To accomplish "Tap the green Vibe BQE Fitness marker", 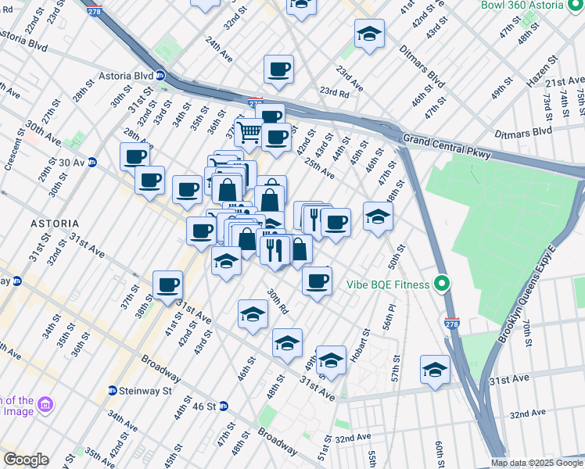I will [443, 285].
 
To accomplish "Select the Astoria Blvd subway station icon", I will [160, 76].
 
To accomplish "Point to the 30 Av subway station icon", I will [92, 163].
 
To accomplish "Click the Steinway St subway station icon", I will [113, 390].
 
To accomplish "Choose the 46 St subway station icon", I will [223, 406].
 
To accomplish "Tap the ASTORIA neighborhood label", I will [55, 223].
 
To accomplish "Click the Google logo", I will [25, 460].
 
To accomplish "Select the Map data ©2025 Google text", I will [536, 463].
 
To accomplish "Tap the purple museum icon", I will [45, 404].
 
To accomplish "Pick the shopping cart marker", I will [249, 133].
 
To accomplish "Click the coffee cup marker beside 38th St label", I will [167, 285].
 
